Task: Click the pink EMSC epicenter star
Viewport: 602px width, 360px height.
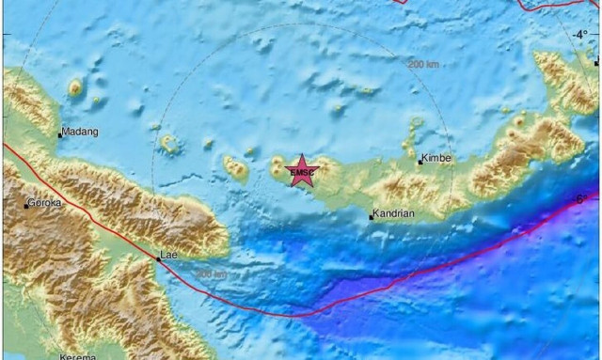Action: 302,171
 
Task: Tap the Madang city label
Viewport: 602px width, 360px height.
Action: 81,133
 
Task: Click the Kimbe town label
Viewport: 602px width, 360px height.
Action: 436,158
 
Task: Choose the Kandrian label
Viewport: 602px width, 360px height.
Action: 393,214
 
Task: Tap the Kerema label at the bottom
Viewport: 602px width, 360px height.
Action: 77,356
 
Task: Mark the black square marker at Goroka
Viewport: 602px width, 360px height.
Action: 26,205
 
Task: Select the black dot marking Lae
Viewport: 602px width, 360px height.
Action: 158,257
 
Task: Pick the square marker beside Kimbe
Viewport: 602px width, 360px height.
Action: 420,162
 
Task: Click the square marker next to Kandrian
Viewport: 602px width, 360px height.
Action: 371,217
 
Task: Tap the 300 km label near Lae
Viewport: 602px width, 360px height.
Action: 211,274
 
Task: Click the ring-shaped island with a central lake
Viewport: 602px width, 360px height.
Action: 170,144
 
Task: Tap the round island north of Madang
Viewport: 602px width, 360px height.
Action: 74,88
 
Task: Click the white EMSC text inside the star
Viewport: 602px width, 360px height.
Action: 302,173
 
